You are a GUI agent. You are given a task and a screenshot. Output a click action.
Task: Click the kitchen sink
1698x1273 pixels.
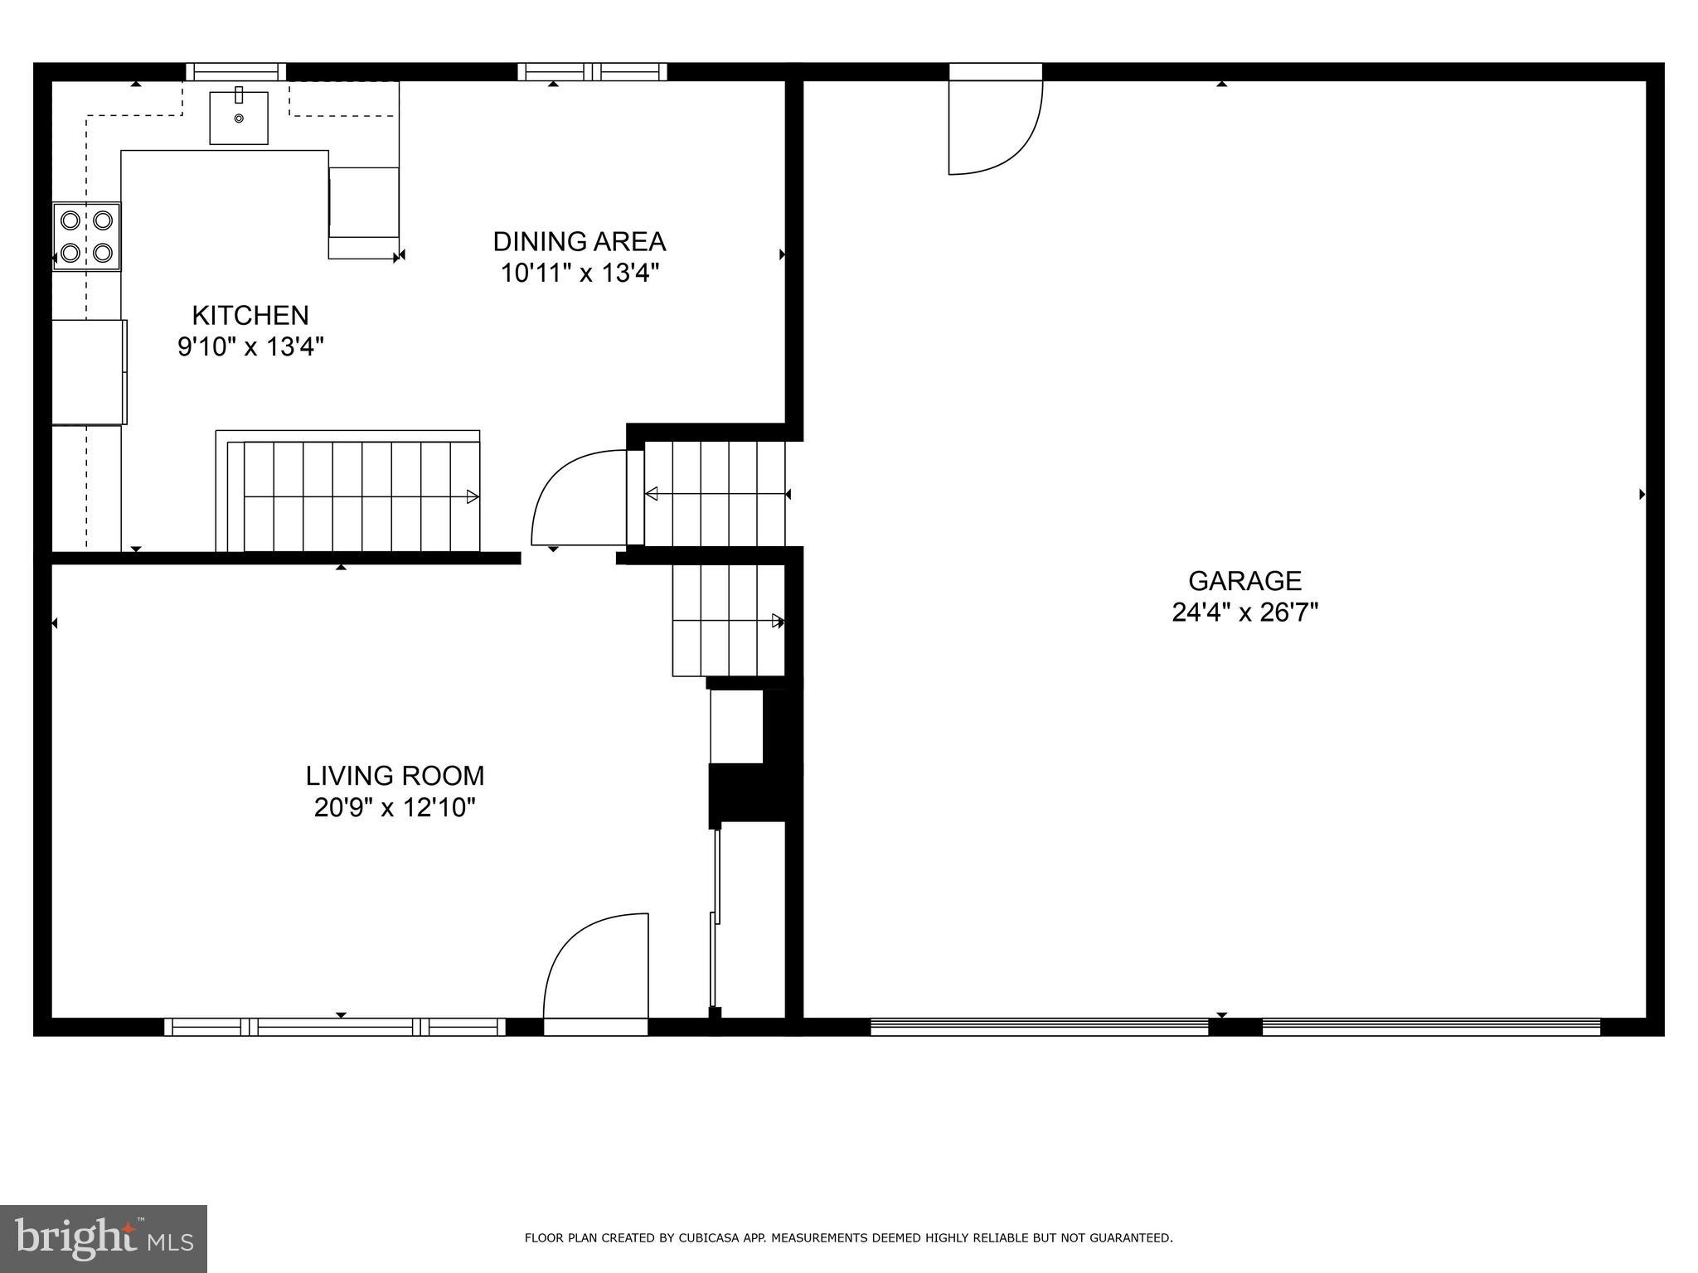tap(239, 119)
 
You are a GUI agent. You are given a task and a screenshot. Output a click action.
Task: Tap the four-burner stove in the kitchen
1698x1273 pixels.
tap(87, 236)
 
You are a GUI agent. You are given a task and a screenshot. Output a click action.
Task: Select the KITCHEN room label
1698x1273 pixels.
tap(250, 316)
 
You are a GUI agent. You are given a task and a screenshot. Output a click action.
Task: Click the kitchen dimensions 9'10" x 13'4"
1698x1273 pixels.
tap(250, 346)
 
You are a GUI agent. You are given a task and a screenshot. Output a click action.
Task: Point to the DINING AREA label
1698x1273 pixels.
tap(579, 242)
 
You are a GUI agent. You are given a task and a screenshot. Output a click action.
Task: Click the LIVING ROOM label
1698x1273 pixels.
tap(395, 777)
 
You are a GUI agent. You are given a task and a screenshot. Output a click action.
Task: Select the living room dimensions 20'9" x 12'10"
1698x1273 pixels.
tap(395, 807)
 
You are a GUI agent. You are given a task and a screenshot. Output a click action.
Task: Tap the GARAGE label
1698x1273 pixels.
tap(1244, 581)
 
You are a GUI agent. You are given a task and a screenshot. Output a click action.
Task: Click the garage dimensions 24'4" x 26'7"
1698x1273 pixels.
tap(1244, 612)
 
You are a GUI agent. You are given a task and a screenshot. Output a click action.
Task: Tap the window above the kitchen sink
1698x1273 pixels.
tap(235, 72)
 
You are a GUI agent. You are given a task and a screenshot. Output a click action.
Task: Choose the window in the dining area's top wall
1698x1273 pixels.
tap(592, 72)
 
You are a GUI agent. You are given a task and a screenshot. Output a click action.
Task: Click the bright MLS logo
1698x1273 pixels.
tap(104, 1239)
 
